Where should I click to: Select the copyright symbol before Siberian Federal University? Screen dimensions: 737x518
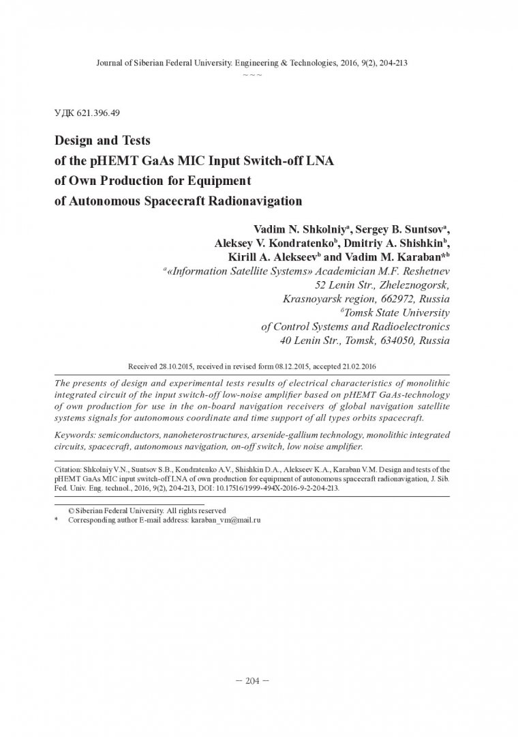(x=70, y=510)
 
